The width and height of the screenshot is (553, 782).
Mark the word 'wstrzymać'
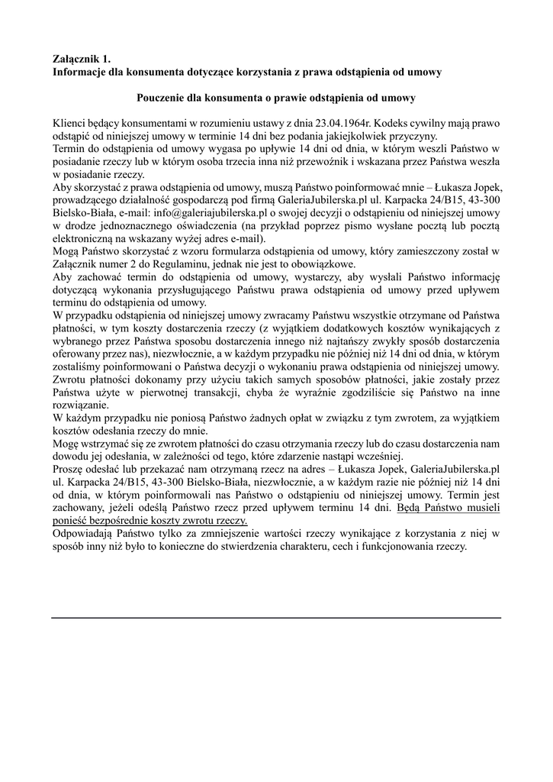pyautogui.click(x=111, y=442)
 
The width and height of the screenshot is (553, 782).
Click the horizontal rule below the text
pyautogui.click(x=276, y=618)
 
